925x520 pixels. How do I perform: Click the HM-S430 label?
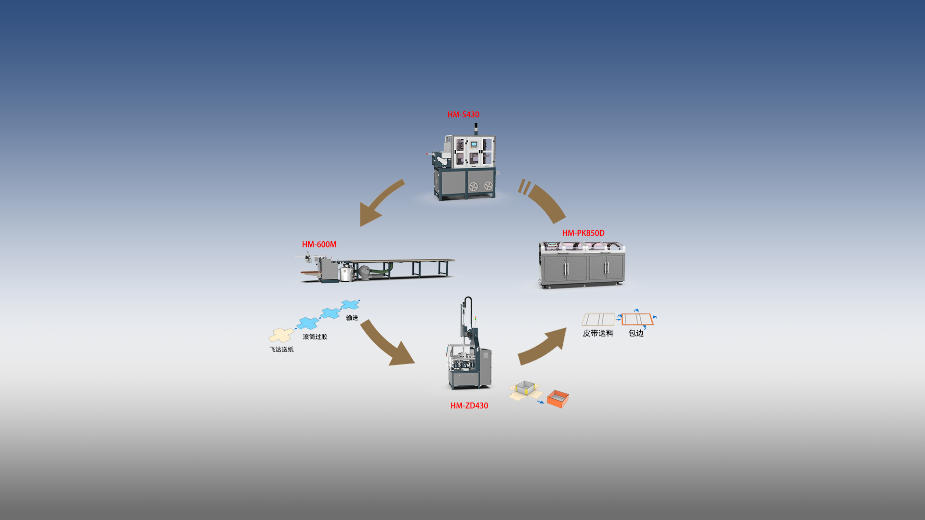(463, 115)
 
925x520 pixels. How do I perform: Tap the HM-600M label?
(319, 245)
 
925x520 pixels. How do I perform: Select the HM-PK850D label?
(583, 233)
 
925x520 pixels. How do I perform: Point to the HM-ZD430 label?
(469, 406)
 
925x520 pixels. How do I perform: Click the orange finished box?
(558, 399)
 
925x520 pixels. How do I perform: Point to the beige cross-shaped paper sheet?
(281, 335)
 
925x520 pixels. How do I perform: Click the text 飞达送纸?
(281, 350)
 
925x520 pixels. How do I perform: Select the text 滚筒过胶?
(315, 337)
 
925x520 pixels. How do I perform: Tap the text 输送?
(352, 318)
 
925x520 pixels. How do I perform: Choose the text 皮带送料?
(598, 333)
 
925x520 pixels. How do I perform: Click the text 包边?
(636, 333)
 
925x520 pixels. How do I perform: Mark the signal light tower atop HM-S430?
(476, 129)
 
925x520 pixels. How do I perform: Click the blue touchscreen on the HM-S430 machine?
(474, 144)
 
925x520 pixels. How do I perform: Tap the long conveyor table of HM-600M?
(405, 262)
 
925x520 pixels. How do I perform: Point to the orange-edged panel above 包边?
(637, 319)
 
